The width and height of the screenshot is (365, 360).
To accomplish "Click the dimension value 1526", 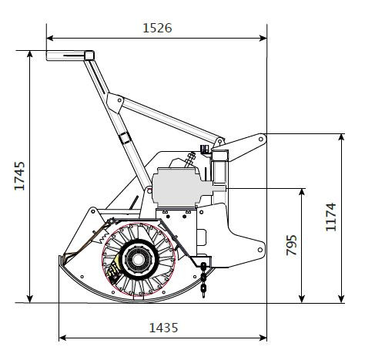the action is [157, 28].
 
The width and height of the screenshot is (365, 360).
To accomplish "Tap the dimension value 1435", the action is [163, 328].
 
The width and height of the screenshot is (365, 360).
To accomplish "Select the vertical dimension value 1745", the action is [19, 176].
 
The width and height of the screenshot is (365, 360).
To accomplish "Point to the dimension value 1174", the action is [330, 217].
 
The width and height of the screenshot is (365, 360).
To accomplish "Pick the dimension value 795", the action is [291, 245].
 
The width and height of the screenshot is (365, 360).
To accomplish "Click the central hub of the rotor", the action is [138, 260].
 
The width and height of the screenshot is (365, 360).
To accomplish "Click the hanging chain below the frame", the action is [203, 280].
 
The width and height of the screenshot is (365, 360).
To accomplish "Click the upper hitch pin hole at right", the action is [261, 140].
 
